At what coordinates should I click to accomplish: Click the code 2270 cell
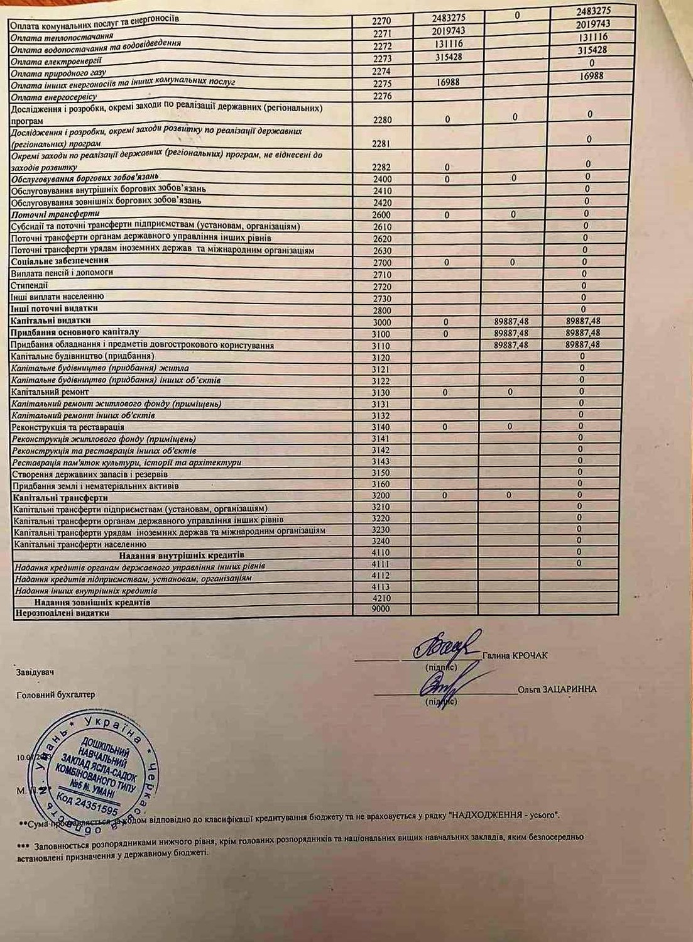tap(381, 21)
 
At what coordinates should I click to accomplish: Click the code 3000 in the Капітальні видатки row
tap(381, 322)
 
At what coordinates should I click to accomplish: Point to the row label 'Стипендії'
tap(30, 285)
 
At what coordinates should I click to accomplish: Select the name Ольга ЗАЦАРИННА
tap(557, 689)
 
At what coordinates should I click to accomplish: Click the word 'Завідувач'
tap(35, 672)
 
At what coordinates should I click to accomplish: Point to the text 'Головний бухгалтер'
tap(55, 695)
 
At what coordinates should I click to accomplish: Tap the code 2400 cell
tap(381, 180)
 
